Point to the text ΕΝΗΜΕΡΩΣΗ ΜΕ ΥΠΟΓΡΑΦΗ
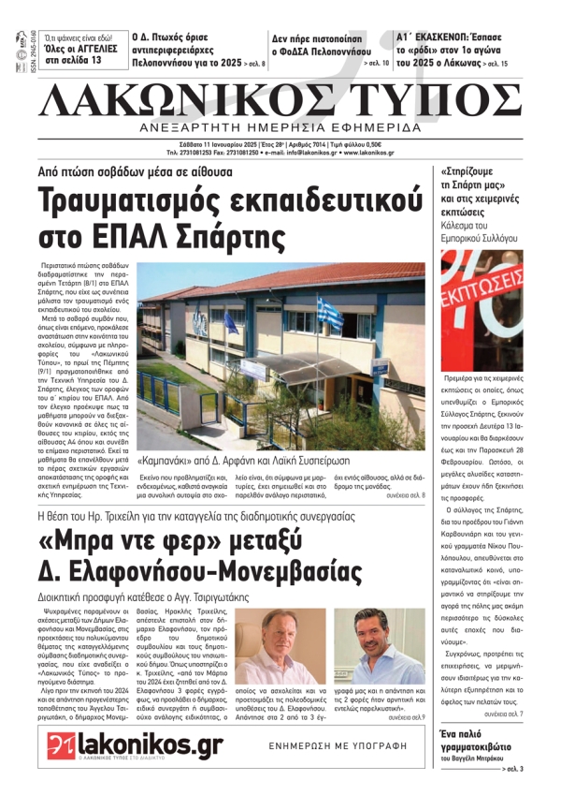[318, 747]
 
